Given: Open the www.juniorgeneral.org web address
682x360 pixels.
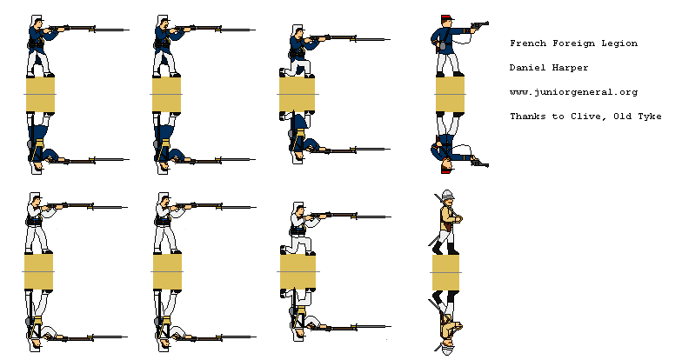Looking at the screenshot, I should click(574, 92).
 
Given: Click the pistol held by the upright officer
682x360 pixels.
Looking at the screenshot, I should click(478, 26).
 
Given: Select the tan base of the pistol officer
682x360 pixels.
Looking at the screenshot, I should click(450, 95).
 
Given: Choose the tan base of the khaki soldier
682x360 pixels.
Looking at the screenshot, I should click(446, 272).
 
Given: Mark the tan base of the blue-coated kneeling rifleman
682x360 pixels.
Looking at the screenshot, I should click(297, 95).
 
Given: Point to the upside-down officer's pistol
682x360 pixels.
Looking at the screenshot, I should click(478, 161).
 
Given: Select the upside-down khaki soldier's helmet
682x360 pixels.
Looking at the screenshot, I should click(447, 349).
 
